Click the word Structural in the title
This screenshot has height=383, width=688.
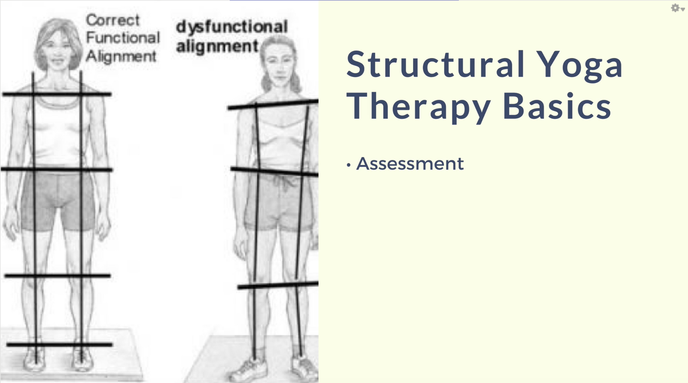click(x=435, y=64)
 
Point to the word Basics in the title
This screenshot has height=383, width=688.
click(x=557, y=106)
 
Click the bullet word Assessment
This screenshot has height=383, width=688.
click(x=410, y=164)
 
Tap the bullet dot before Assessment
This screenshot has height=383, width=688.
click(x=349, y=165)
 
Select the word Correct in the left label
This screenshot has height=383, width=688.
click(x=112, y=20)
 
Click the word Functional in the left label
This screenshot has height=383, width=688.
click(x=123, y=38)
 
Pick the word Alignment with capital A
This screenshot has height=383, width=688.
click(x=121, y=56)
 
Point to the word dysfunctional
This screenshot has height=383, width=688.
click(x=232, y=27)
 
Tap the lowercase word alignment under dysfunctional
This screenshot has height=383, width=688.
click(x=217, y=47)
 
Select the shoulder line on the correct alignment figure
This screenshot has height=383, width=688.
click(x=57, y=94)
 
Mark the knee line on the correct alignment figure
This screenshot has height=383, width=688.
click(x=58, y=276)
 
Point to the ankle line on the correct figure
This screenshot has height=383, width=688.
click(x=59, y=344)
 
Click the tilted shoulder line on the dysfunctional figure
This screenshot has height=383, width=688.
click(x=273, y=104)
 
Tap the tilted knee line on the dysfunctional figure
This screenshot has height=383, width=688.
click(x=278, y=285)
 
